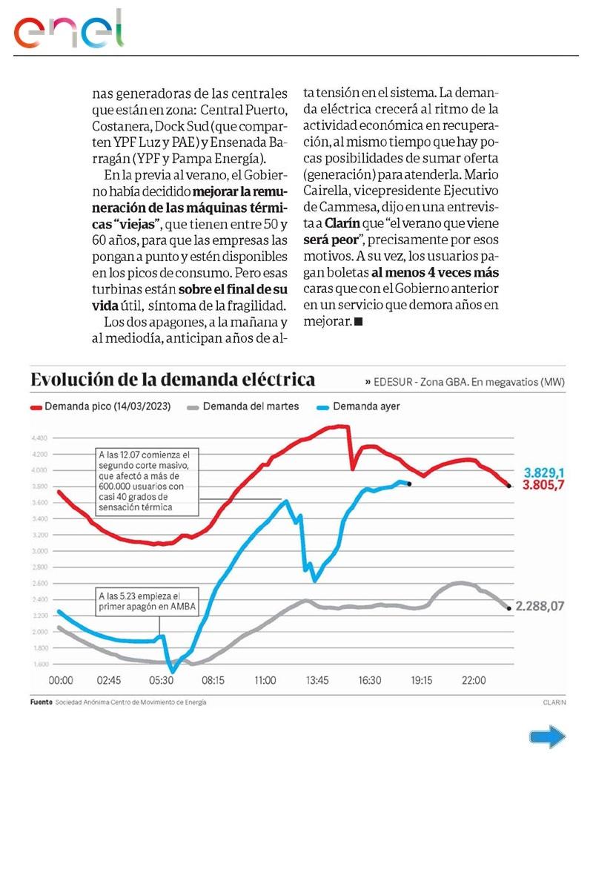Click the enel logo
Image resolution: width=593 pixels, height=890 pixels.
point(68,31)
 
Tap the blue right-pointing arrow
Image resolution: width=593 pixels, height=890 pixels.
point(547,736)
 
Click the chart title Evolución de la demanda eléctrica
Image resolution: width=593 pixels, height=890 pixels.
point(172,380)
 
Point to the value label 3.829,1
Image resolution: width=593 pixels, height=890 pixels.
point(545,472)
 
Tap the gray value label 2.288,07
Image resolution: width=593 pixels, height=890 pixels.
point(540,606)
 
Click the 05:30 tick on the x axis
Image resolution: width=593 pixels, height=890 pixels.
point(162,681)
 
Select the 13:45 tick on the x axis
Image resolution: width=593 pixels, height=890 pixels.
point(317,681)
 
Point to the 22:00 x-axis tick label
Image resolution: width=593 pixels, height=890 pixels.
point(474,681)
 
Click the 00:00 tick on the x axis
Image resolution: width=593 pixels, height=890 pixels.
point(60,681)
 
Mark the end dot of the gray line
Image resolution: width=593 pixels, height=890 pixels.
point(508,608)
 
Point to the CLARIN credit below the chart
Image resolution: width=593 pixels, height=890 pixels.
point(553,702)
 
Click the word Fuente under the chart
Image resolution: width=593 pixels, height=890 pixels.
point(40,702)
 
